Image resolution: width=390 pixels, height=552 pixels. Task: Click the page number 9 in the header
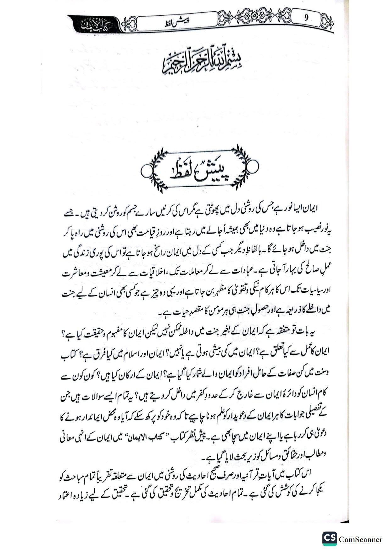306,18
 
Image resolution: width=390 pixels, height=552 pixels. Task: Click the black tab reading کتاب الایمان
93,25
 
